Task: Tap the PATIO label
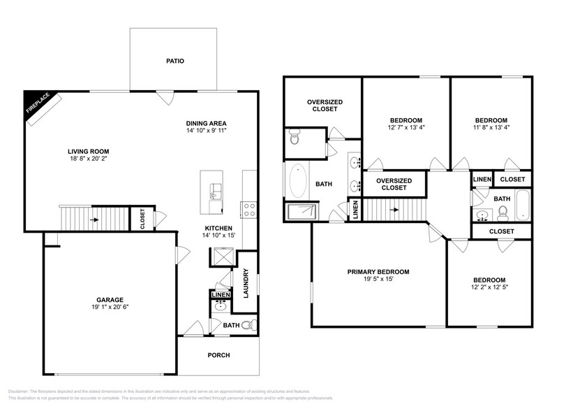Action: pos(174,61)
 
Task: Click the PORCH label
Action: pos(218,355)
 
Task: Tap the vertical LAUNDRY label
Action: pos(246,283)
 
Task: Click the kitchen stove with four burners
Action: pos(249,208)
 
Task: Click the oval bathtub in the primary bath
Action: pos(298,181)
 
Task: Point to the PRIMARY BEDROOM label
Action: pos(378,272)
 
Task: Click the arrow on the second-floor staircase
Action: pos(395,209)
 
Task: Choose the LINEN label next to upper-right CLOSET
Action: pos(482,179)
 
